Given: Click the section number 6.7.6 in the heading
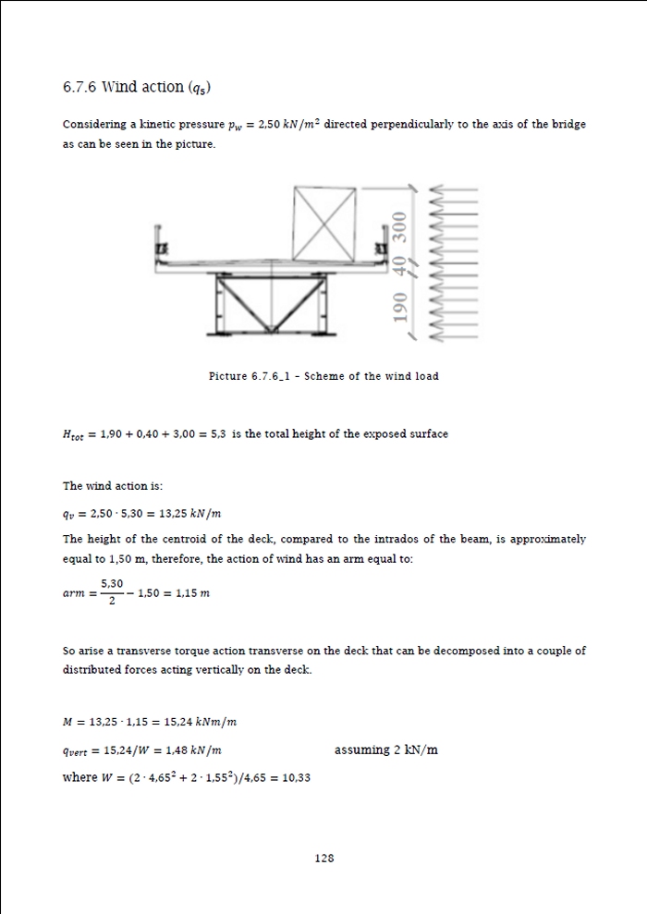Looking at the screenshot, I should [79, 87].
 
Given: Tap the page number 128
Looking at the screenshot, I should [323, 858].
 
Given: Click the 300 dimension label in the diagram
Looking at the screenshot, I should [399, 225].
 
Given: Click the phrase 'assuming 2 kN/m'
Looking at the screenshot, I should [386, 749].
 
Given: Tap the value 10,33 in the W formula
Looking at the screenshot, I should [296, 777].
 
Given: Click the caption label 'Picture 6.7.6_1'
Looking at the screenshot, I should [250, 376].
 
